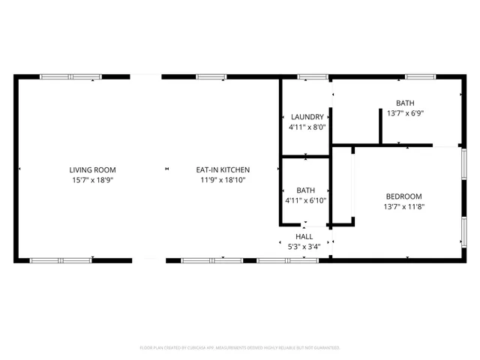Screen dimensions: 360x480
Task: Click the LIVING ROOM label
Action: coord(93,170)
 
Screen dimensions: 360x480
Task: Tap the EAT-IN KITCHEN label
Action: coord(223,170)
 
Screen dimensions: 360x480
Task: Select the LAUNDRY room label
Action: coord(307,117)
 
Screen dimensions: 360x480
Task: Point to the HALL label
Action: coord(304,236)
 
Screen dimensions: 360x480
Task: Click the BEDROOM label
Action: coord(404,196)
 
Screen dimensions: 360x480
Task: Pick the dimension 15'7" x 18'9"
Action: coord(93,180)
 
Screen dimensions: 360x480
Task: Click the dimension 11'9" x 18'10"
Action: coord(223,180)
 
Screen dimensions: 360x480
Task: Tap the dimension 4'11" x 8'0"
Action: coord(307,127)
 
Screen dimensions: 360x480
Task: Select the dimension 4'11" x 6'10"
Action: coord(305,201)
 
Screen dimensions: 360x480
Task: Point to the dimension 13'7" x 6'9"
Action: coord(405,113)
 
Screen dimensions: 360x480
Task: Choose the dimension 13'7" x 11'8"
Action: coord(404,207)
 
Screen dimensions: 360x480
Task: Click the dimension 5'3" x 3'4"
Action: coord(304,246)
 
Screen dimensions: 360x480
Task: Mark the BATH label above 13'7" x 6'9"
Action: coord(405,103)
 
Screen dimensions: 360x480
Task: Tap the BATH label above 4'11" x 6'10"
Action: coord(305,190)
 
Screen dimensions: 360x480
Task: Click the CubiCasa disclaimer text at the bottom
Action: coord(240,348)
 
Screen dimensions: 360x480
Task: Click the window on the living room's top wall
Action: coord(70,76)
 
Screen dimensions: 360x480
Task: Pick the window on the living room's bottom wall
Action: coord(61,260)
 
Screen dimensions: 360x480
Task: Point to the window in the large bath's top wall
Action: coord(419,76)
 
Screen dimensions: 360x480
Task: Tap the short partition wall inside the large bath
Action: coord(380,124)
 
